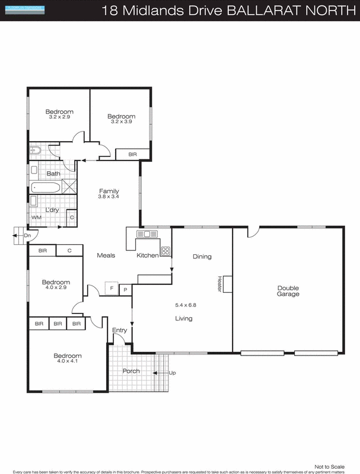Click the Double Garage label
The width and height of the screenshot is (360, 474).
click(x=288, y=291)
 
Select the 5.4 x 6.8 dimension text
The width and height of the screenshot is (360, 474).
click(x=185, y=305)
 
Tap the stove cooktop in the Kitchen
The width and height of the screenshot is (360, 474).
click(x=165, y=251)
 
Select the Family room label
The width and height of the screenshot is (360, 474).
click(x=109, y=191)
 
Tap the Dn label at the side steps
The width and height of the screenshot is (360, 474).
click(x=27, y=236)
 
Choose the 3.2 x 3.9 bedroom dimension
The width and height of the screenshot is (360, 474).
click(x=122, y=122)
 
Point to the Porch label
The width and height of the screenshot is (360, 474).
click(x=131, y=371)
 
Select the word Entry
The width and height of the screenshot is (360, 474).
click(x=119, y=329)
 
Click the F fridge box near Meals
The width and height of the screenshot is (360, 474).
click(x=110, y=288)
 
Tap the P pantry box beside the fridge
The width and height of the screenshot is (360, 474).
click(x=125, y=290)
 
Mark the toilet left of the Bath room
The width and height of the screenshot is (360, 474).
click(x=34, y=150)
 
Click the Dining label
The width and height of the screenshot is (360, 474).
click(x=202, y=257)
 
